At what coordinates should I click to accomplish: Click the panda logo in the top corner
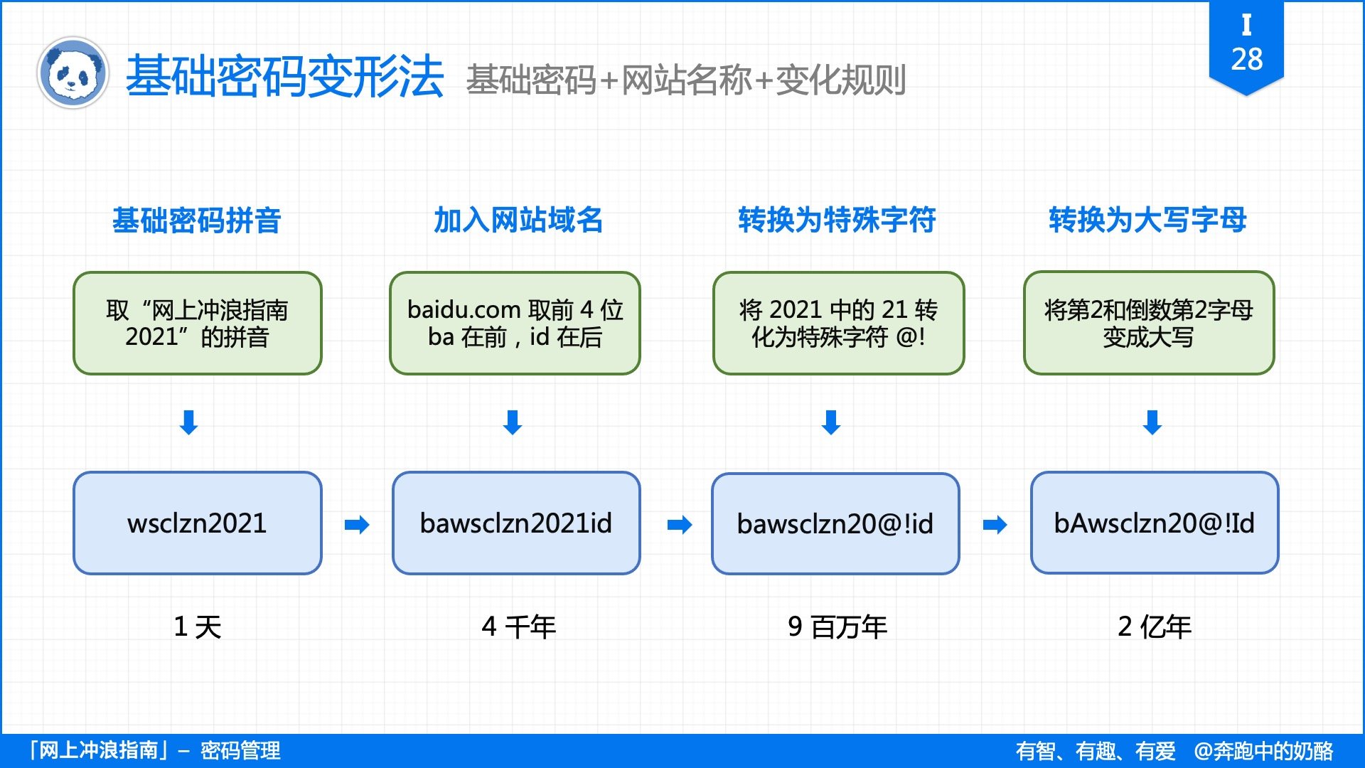(73, 73)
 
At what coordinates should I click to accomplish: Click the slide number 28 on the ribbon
(1246, 59)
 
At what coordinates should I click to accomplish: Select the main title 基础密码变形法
(284, 77)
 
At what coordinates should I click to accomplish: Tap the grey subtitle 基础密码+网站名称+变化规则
(685, 80)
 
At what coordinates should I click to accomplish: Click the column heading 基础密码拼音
(197, 220)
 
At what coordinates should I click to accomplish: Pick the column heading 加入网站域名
(518, 220)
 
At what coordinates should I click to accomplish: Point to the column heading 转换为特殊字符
(837, 220)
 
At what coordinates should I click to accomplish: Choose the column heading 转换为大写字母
(1147, 220)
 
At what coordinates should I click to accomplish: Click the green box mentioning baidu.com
(515, 323)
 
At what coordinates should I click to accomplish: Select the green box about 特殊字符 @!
(838, 323)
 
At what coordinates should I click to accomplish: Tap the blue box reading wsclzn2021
(197, 523)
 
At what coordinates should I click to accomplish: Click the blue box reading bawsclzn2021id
(515, 523)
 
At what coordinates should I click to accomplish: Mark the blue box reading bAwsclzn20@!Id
(1154, 523)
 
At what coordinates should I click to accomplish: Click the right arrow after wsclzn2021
(357, 525)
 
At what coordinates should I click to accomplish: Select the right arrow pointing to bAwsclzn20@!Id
(995, 525)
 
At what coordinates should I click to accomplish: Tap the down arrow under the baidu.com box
(513, 422)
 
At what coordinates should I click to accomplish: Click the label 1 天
(197, 626)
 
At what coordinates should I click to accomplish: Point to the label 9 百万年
(837, 626)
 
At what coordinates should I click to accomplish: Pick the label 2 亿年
(1154, 626)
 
